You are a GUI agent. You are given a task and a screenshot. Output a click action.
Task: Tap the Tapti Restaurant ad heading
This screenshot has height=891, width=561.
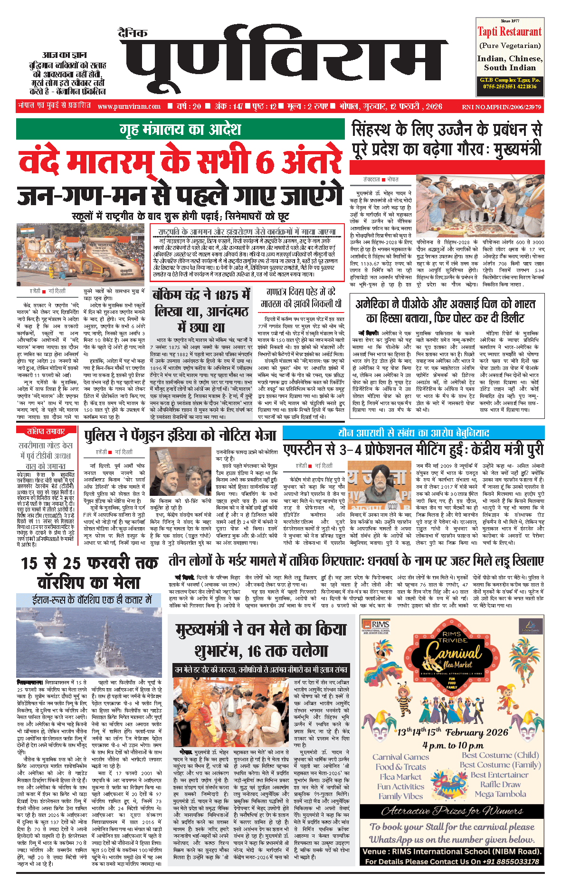509,32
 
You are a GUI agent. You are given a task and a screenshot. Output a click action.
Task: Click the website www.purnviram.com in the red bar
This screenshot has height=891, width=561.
129,106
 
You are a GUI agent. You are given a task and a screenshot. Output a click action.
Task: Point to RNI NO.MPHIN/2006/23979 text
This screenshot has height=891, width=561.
501,107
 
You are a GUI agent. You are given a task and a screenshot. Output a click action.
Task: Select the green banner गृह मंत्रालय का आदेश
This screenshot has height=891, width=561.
180,129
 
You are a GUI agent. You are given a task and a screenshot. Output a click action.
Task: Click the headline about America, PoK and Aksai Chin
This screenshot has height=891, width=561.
445,311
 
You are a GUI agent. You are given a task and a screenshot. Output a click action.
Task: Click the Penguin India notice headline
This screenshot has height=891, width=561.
180,435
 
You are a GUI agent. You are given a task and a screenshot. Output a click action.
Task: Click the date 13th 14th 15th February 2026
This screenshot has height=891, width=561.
452,732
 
